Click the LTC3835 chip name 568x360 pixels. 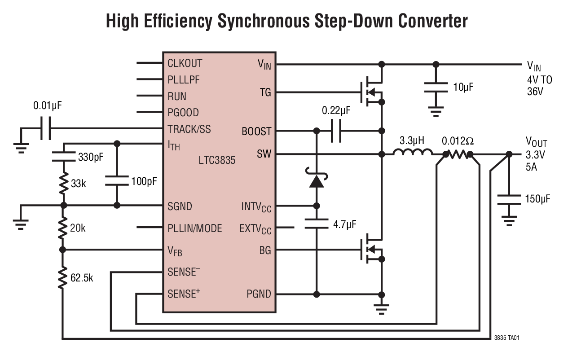tap(217, 160)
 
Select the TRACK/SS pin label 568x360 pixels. tap(189, 129)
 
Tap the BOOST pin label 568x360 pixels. tap(256, 132)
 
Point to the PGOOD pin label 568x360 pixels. tap(183, 113)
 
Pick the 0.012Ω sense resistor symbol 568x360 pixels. tap(458, 155)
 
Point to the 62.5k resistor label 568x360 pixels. tap(82, 278)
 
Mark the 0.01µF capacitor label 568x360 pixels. tap(48, 106)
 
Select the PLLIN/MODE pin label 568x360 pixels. tap(194, 228)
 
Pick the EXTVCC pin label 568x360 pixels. tap(255, 229)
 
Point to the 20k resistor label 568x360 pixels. tap(78, 228)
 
